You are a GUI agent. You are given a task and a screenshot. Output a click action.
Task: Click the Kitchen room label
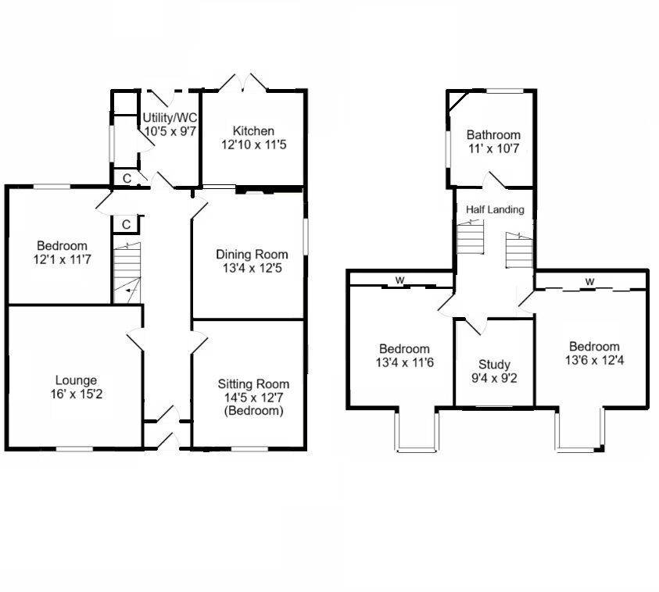[x=253, y=131]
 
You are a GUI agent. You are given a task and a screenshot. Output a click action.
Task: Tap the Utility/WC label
[x=170, y=117]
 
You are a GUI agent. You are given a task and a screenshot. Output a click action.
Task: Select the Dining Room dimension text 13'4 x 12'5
[x=252, y=268]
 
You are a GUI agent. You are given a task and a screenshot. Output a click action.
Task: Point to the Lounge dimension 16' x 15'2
[x=76, y=394]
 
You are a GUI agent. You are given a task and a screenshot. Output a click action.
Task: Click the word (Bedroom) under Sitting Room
[x=253, y=410]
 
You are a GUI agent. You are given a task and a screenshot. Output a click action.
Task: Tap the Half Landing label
[x=495, y=209]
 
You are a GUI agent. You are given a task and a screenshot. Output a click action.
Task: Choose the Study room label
[x=494, y=365]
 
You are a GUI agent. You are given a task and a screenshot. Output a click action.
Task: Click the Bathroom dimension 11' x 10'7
[x=494, y=148]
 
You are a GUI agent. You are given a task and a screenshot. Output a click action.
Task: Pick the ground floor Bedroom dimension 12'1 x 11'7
[x=63, y=259]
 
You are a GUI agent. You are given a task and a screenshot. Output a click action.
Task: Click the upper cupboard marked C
[x=127, y=178]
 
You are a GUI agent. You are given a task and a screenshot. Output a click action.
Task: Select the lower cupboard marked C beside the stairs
[x=126, y=225]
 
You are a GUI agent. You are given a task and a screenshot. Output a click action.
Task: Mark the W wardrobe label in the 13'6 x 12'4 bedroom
[x=589, y=281]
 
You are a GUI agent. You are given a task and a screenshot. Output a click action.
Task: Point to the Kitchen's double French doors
[x=243, y=82]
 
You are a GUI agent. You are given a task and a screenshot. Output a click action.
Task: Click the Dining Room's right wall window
[x=305, y=237]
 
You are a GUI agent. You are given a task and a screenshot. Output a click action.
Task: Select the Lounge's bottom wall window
[x=75, y=449]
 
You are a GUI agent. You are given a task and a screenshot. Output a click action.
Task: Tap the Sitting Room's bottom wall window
[x=249, y=449]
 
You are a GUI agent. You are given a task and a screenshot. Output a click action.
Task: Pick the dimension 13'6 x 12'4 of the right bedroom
[x=594, y=360]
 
